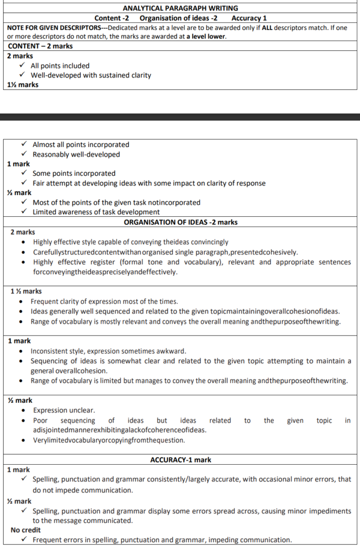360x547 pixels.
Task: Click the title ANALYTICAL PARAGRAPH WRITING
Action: (x=180, y=8)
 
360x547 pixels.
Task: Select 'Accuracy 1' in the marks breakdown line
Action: (x=249, y=18)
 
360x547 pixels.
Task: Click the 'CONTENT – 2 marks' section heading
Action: (x=40, y=46)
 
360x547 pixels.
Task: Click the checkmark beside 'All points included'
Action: (x=21, y=66)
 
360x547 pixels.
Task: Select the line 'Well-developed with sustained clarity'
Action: (x=90, y=75)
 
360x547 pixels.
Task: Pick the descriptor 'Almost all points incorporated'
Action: (x=81, y=144)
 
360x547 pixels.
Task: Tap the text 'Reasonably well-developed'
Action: (x=76, y=154)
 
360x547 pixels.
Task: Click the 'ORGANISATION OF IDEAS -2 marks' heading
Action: (x=181, y=222)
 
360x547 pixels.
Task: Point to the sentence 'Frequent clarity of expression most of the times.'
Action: (x=104, y=301)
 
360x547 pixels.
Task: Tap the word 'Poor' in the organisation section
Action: (x=41, y=420)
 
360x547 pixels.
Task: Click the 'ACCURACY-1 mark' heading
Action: (x=180, y=459)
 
